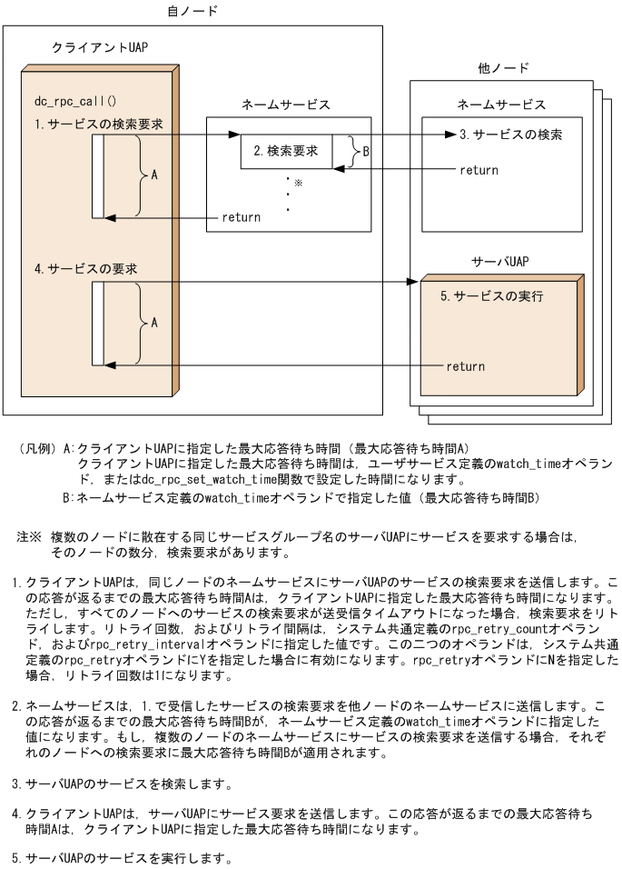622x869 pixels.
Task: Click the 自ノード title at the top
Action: pos(193,11)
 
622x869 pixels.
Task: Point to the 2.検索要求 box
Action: pos(285,151)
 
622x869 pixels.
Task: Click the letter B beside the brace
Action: pos(366,152)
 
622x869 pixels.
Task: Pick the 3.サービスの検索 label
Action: pos(510,135)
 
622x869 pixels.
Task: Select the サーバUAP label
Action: pos(499,262)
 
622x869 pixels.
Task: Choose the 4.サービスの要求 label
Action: pos(85,269)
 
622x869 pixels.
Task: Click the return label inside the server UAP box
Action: pos(465,366)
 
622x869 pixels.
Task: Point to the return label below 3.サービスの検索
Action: pos(479,170)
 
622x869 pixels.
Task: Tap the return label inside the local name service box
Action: pos(242,217)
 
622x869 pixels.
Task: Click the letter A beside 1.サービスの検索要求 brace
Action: pos(154,175)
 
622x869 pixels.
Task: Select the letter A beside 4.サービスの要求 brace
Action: pos(154,322)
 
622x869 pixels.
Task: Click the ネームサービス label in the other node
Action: pos(501,105)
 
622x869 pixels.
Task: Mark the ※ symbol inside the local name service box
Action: pos(297,183)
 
